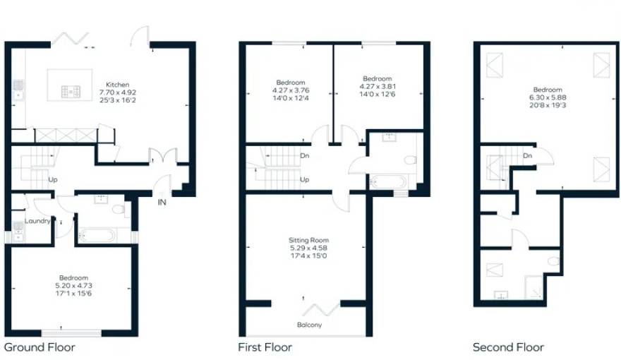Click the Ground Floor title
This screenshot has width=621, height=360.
[x=40, y=347]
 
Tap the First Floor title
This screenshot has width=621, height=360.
[x=265, y=347]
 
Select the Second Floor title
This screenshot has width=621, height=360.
[x=508, y=347]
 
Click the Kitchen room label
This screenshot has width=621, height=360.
[x=118, y=85]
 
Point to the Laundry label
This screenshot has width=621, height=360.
[x=37, y=221]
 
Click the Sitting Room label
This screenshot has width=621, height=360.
[x=308, y=240]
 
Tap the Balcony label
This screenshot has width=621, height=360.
[x=309, y=325]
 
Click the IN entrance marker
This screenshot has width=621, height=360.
[x=162, y=202]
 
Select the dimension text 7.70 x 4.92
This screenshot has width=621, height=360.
[x=118, y=92]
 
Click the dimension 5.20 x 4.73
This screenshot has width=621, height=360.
[x=73, y=286]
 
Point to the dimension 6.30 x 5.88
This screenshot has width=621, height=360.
[x=548, y=97]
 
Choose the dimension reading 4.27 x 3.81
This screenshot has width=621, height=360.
[x=378, y=86]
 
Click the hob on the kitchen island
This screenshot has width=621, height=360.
[x=71, y=92]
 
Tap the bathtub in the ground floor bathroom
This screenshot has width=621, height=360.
[x=97, y=236]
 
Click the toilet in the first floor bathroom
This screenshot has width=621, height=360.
[x=410, y=160]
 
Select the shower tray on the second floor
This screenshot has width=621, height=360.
[x=533, y=287]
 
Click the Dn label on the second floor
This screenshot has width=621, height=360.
[x=528, y=155]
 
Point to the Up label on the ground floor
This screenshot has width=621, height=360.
[x=53, y=179]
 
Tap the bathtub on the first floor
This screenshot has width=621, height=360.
[x=388, y=182]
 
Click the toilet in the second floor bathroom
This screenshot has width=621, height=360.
[x=554, y=261]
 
